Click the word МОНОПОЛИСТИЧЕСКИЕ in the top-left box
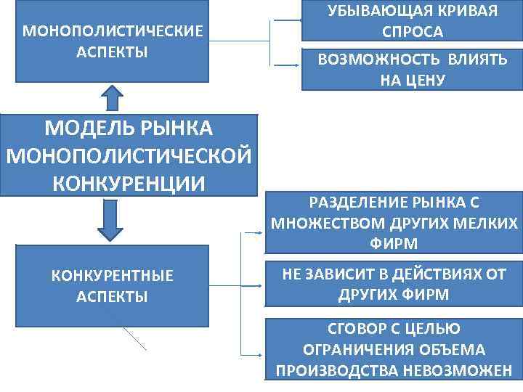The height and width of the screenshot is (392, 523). click(x=113, y=32)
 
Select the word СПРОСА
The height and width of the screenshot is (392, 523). click(x=412, y=33)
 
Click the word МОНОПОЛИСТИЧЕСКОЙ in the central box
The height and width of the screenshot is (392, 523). click(x=129, y=155)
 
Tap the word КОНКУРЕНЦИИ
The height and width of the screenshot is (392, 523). click(x=129, y=181)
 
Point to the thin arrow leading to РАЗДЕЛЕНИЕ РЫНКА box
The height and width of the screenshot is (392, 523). click(x=251, y=233)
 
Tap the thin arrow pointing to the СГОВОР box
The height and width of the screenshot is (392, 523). click(x=251, y=355)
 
